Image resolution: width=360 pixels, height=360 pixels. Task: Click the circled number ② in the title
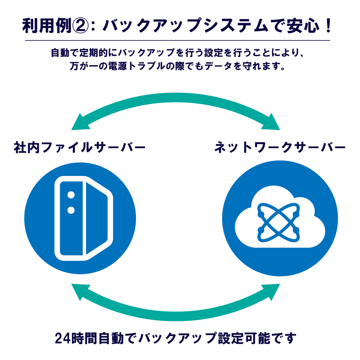tap(80, 26)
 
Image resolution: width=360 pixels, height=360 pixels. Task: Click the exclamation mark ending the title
tap(328, 26)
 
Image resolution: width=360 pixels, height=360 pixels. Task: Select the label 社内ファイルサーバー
tap(80, 147)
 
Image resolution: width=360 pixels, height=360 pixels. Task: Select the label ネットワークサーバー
tap(280, 147)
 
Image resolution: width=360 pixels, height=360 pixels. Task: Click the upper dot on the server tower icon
tap(71, 195)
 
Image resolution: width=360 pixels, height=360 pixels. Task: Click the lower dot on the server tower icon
tap(71, 210)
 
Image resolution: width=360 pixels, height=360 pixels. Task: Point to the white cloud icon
tap(280, 217)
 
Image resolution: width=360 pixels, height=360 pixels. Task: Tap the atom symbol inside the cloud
tap(279, 222)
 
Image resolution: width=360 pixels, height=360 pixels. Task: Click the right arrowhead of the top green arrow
tap(271, 123)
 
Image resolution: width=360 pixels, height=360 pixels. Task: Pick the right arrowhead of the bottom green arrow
tap(271, 291)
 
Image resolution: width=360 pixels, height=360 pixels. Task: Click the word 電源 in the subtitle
tap(117, 66)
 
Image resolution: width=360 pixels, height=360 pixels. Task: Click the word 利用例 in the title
tap(47, 26)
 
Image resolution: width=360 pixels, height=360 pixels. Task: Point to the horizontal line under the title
tap(177, 40)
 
